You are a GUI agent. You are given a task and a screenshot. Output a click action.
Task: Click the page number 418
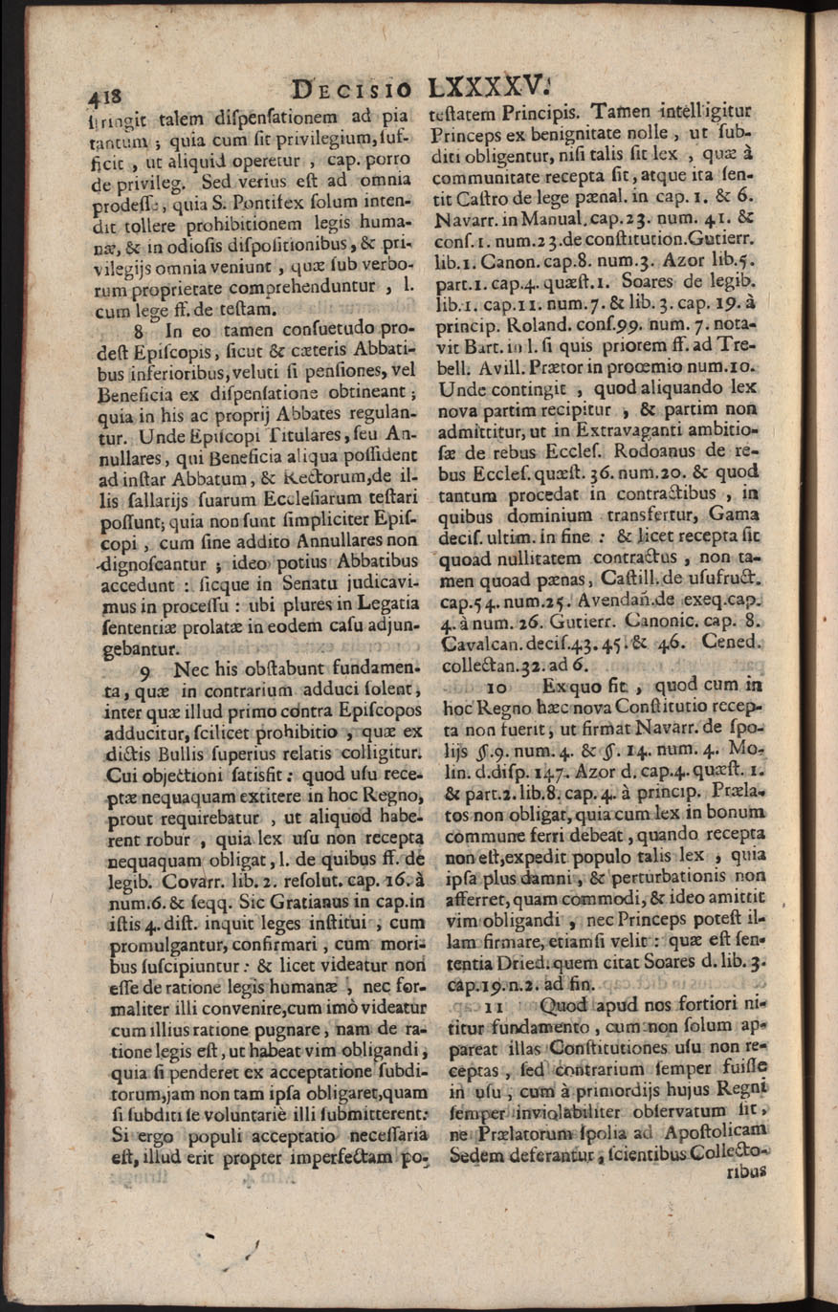pyautogui.click(x=109, y=97)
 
